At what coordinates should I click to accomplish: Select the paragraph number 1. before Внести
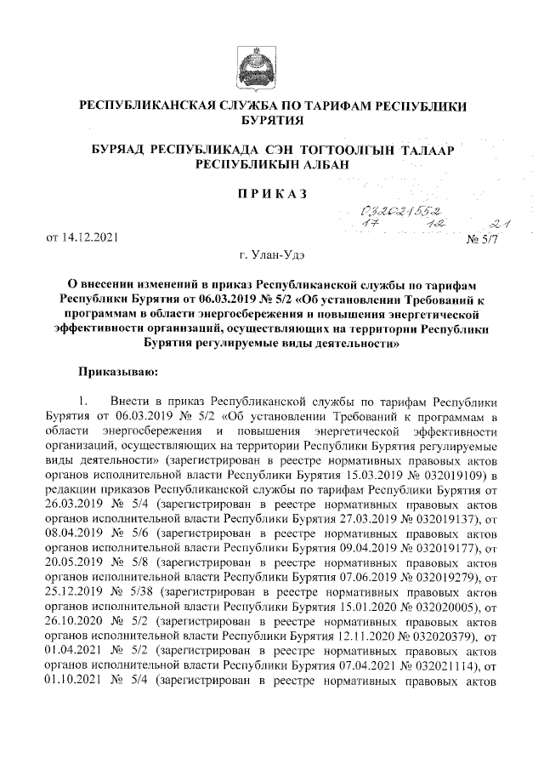point(82,400)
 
